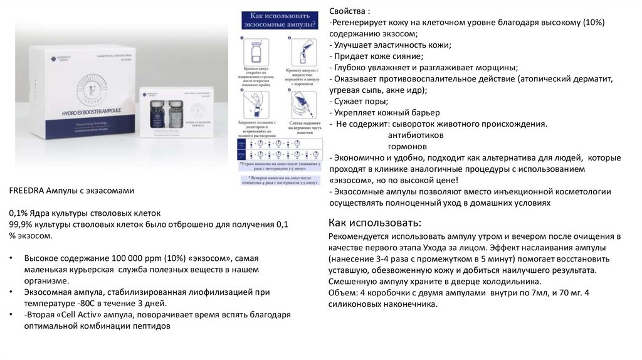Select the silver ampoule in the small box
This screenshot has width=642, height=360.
(175, 113)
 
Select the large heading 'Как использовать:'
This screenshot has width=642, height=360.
(375, 223)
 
